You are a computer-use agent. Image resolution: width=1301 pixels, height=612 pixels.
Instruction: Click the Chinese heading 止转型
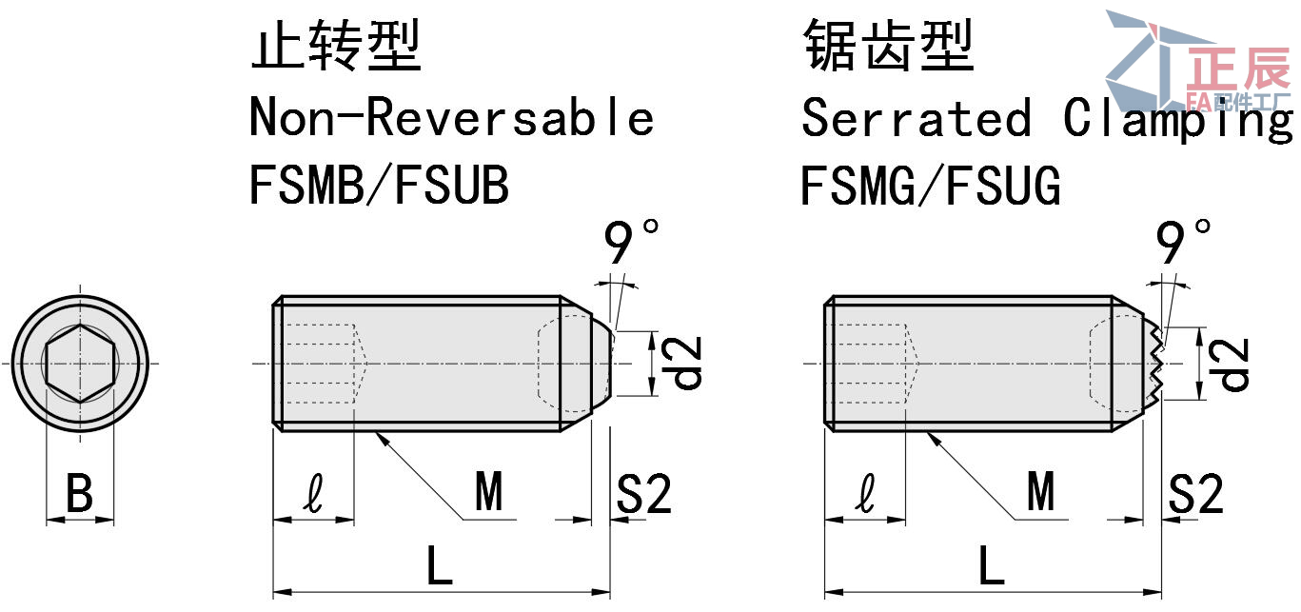pyautogui.click(x=335, y=47)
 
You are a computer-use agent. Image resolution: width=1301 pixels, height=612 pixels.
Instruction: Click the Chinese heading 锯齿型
pyautogui.click(x=888, y=47)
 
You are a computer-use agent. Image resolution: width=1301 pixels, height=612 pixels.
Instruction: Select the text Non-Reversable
pyautogui.click(x=451, y=117)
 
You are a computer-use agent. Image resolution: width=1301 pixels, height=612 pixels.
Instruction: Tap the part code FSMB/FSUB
pyautogui.click(x=379, y=186)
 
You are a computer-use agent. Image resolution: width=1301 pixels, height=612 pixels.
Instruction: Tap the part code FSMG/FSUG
pyautogui.click(x=930, y=186)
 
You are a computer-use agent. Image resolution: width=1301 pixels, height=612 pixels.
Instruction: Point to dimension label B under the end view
pyautogui.click(x=80, y=495)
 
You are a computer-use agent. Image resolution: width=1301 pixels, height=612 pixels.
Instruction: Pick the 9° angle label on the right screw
pyautogui.click(x=1184, y=244)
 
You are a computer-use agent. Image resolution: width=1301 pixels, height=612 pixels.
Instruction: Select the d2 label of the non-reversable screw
pyautogui.click(x=686, y=363)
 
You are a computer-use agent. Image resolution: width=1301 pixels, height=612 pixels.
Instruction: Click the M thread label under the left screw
pyautogui.click(x=488, y=493)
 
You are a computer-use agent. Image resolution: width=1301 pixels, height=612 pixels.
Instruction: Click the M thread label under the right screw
pyautogui.click(x=1040, y=493)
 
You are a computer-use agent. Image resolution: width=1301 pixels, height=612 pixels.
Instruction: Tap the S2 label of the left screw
pyautogui.click(x=644, y=495)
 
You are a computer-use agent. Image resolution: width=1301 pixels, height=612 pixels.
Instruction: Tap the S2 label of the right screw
pyautogui.click(x=1196, y=495)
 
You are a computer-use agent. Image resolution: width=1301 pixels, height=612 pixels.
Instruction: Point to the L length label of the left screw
pyautogui.click(x=439, y=568)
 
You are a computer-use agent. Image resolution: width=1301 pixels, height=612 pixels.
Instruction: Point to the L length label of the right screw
pyautogui.click(x=992, y=568)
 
